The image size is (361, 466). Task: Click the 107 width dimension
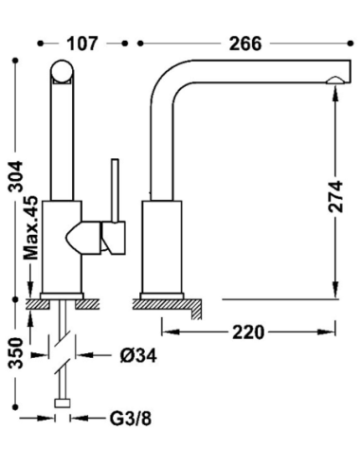click(82, 44)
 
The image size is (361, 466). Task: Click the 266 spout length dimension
click(245, 44)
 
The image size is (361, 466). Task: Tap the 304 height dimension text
click(16, 176)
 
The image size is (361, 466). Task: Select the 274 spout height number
click(335, 196)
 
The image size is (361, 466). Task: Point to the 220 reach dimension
click(248, 332)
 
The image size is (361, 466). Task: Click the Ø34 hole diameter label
click(138, 356)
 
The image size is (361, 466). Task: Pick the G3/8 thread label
click(131, 419)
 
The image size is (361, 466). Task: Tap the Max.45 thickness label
click(31, 228)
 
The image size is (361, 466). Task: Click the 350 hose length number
click(16, 353)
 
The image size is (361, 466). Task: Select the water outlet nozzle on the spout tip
click(335, 81)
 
